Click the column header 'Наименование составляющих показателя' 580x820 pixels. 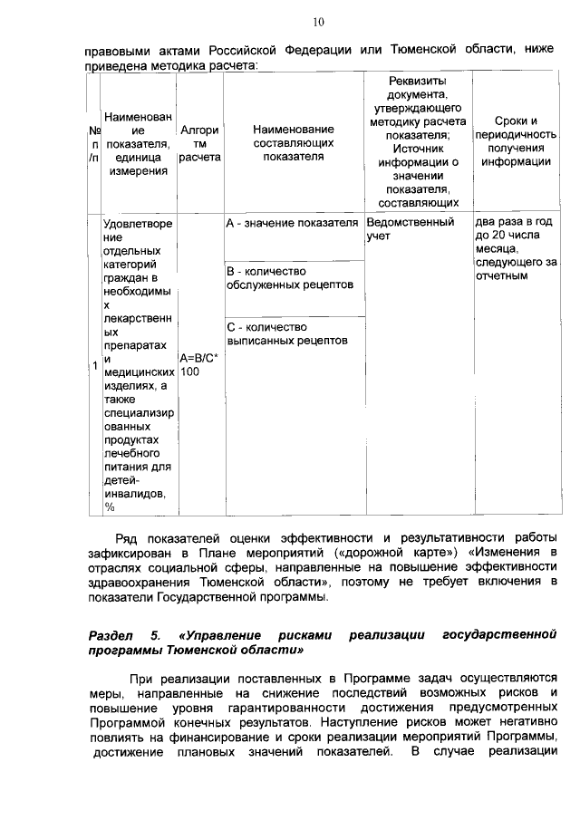pyautogui.click(x=294, y=143)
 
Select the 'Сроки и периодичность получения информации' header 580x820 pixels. pyautogui.click(x=516, y=141)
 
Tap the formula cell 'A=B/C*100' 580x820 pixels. pyautogui.click(x=199, y=364)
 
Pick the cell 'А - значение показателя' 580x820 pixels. pyautogui.click(x=293, y=222)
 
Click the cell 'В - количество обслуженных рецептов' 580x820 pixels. pyautogui.click(x=277, y=278)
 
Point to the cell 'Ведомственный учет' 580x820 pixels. pyautogui.click(x=411, y=228)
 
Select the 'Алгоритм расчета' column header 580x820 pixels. pyautogui.click(x=199, y=143)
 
